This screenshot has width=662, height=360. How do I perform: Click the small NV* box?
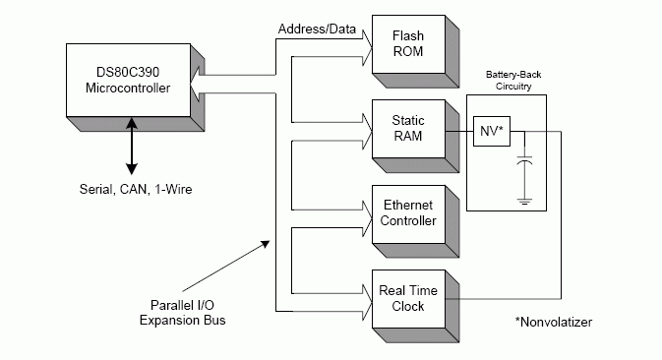(x=492, y=131)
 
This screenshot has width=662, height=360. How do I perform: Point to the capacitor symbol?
(x=525, y=160)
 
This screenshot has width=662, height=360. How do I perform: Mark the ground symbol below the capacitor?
(x=525, y=202)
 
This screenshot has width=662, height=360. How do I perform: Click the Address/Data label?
(x=317, y=30)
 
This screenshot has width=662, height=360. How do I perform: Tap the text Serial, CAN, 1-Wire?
(x=136, y=189)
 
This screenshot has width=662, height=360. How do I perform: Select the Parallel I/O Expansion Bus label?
(x=182, y=313)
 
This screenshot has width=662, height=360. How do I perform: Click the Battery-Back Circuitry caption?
(x=513, y=81)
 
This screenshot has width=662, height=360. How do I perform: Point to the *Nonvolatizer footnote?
(x=554, y=322)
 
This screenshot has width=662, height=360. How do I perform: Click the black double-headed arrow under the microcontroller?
(x=132, y=146)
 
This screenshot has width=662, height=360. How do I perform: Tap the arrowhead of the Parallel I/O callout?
(x=266, y=244)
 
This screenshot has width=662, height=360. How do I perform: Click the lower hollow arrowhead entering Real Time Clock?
(x=367, y=312)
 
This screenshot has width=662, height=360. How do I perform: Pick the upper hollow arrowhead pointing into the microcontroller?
(x=196, y=75)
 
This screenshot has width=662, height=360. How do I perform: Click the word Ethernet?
(x=408, y=206)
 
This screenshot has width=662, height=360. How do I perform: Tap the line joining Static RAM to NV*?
(x=459, y=131)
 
